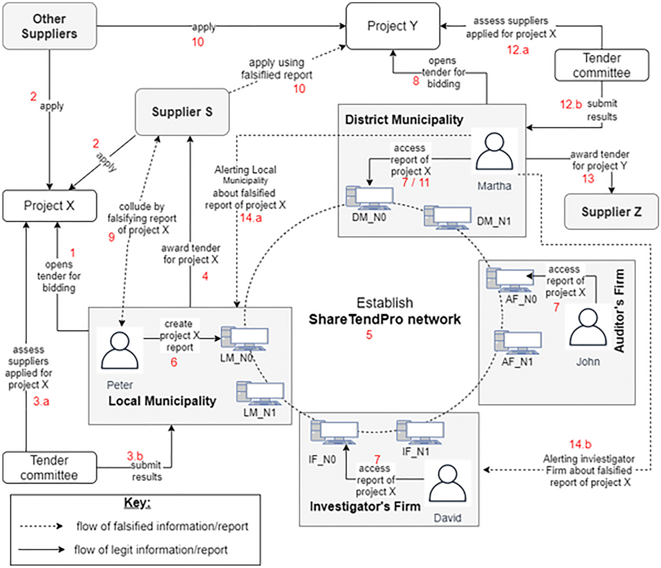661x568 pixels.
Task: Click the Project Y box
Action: click(392, 26)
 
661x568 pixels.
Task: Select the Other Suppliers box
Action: click(49, 26)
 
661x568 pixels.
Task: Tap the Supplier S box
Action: click(182, 112)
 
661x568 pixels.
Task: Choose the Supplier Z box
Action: click(611, 212)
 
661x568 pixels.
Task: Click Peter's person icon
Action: click(120, 351)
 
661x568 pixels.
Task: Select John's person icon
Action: click(588, 329)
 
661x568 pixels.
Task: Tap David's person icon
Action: click(447, 484)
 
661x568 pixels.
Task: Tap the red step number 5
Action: click(369, 334)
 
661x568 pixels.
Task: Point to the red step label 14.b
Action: click(581, 444)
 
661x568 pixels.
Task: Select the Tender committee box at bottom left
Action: click(49, 468)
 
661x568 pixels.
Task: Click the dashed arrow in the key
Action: click(41, 526)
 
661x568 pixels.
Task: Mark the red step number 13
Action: click(588, 178)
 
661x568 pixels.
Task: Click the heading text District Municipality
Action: click(404, 120)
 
